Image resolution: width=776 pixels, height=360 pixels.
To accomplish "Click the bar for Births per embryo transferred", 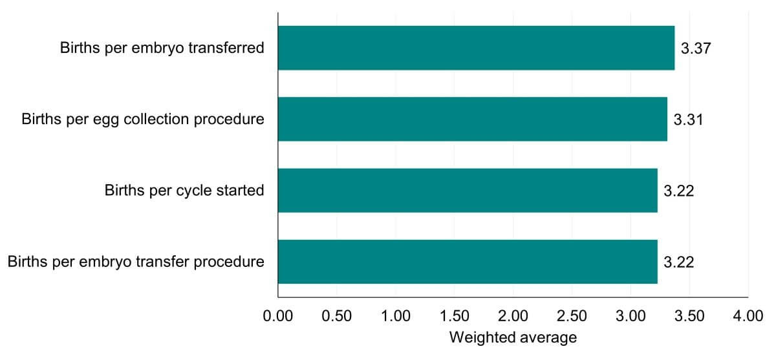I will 476,48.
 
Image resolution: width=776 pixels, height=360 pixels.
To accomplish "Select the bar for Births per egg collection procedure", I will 472,119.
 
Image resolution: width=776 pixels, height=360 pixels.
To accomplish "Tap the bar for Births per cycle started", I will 467,190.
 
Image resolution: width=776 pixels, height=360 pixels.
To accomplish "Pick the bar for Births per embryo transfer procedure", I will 467,261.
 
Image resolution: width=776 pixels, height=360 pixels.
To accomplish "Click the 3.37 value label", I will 696,48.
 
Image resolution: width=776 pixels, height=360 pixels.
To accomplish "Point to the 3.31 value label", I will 688,120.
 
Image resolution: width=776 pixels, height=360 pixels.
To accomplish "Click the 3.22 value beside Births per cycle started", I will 678,191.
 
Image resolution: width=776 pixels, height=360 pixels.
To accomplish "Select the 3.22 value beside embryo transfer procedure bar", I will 678,262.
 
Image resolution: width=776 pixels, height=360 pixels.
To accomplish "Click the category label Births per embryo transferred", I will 162,48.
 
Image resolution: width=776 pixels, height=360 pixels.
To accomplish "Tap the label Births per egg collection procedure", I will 142,120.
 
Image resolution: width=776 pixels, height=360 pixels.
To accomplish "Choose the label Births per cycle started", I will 184,191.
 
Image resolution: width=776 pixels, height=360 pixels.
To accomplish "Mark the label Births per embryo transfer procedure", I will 136,262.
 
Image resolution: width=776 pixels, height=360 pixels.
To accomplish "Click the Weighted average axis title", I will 512,337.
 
